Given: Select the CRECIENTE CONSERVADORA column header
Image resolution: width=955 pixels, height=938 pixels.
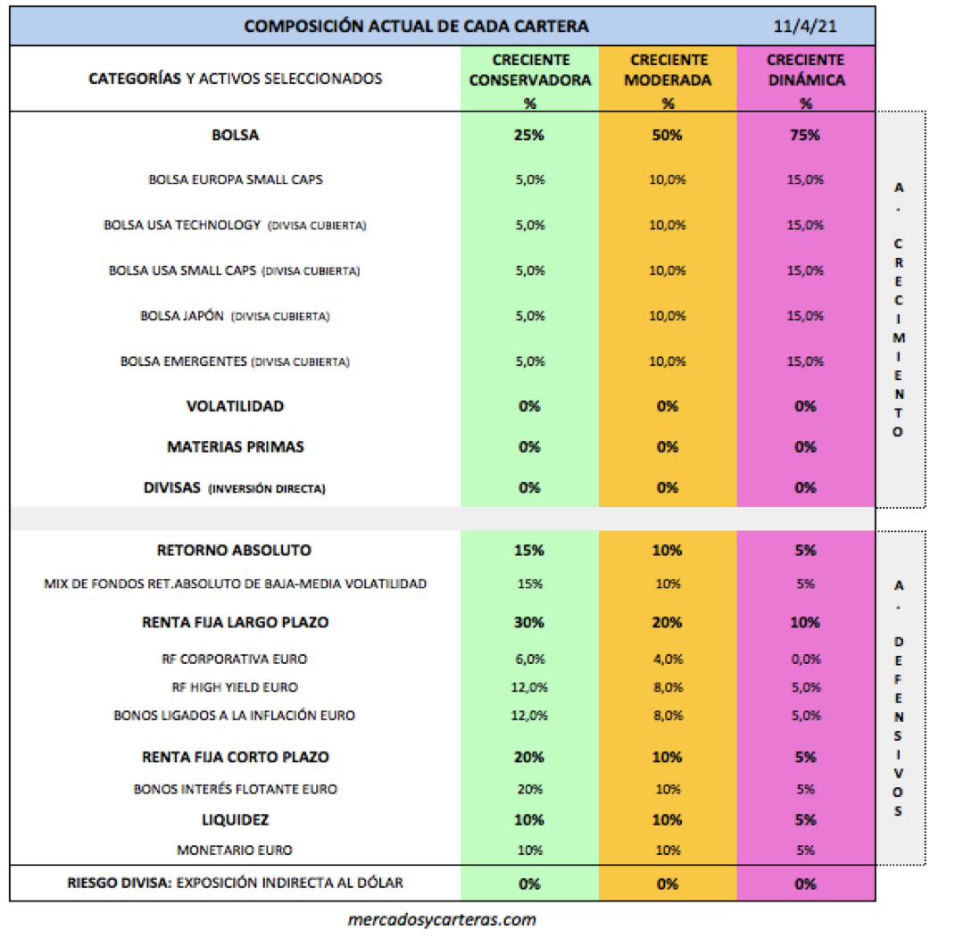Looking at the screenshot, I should point(529,71).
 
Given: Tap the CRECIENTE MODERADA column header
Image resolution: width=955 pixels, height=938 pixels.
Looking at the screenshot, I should point(668,71).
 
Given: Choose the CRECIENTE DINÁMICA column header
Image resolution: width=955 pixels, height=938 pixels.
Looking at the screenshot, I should point(805,71).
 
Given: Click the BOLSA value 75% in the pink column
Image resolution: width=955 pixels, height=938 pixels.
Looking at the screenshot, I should point(805,136).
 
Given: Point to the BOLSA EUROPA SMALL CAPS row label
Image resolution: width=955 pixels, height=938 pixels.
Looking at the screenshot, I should point(236,179).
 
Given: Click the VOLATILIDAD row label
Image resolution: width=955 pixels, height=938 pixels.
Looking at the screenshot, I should point(235,406).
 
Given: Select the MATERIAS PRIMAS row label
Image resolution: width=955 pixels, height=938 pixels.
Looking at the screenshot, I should point(235,446).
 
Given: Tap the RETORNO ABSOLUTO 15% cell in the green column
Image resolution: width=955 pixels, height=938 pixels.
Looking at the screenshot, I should point(529,551).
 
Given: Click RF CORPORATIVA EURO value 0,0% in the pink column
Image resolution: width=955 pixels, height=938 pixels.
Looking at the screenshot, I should point(805,660).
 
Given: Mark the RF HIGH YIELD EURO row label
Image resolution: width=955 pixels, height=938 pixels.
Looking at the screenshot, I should point(235,687).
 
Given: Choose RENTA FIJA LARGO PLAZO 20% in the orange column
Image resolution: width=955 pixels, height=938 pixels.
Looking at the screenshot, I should point(668,622).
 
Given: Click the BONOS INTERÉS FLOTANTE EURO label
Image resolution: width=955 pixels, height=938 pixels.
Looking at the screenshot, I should point(236,789).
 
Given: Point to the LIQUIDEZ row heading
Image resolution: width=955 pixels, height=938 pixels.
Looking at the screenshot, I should point(235,818).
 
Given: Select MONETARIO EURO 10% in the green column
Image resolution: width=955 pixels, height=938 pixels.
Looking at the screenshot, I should point(529,851).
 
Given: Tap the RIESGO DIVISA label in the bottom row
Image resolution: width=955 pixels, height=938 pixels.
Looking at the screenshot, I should point(120,884).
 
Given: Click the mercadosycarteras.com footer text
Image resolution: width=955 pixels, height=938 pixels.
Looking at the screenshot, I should point(442,918).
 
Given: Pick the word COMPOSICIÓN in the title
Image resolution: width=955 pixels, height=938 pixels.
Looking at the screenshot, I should point(300,27).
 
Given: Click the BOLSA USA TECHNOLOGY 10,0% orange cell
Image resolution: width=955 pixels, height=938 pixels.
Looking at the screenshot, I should point(668,225).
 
